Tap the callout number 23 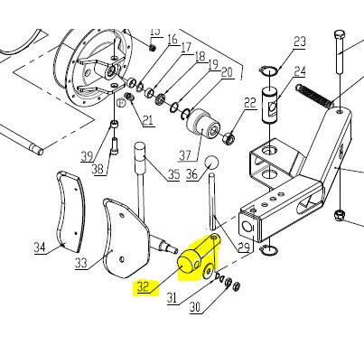(x=300, y=42)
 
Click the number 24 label (x=300, y=71)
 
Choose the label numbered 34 (x=40, y=247)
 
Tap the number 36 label (x=191, y=175)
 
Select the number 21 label (x=147, y=120)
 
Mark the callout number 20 (x=226, y=72)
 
